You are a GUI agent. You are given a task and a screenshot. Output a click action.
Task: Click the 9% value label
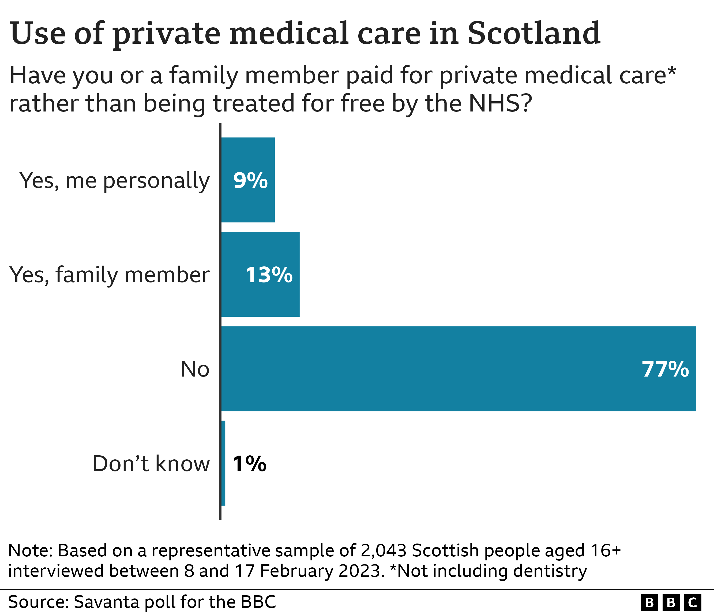pos(250,180)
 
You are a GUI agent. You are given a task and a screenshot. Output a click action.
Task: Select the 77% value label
pos(665,369)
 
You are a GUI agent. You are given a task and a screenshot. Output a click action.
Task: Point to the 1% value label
pos(249,464)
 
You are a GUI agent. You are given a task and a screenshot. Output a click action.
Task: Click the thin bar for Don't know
pos(223,463)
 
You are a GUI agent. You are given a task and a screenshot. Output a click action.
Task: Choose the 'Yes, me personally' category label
pos(114,180)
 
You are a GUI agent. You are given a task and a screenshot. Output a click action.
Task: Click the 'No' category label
pos(195,369)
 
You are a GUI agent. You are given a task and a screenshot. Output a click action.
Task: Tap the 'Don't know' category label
pos(151,464)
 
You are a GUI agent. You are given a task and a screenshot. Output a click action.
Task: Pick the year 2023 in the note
pos(361,571)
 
